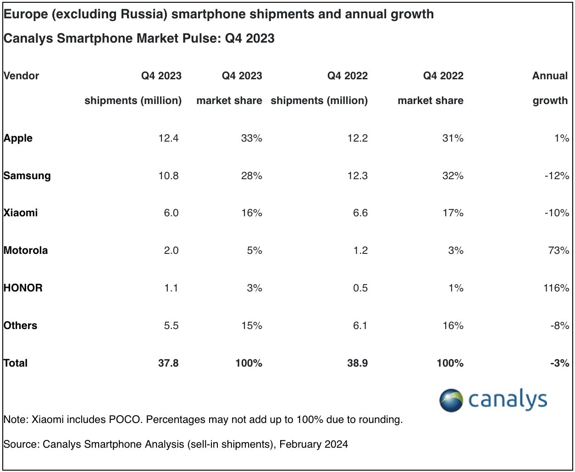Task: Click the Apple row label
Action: click(18, 138)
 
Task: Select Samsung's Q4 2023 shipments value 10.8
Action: click(168, 176)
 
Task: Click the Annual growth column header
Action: click(550, 88)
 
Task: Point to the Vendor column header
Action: click(21, 76)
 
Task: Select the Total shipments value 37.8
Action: click(168, 363)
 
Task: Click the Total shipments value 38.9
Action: click(357, 363)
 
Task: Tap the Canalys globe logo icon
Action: click(451, 401)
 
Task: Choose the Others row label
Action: click(20, 325)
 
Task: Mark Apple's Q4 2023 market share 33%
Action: click(251, 138)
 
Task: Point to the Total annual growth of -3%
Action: click(560, 363)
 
